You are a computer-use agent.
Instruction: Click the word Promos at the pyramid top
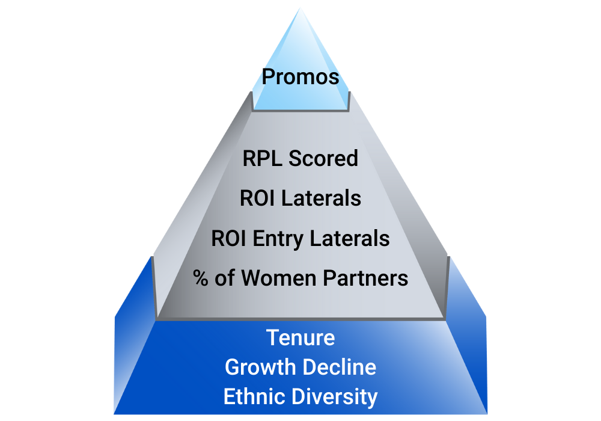click(x=300, y=78)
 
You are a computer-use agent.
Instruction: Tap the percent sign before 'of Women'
click(x=201, y=278)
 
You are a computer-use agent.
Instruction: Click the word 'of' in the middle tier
click(x=227, y=278)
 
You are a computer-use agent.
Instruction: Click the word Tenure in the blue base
click(x=300, y=338)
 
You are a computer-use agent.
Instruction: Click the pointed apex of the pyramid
click(x=300, y=7)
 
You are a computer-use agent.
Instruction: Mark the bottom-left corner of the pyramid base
click(x=115, y=414)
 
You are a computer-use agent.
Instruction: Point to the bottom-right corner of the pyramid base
click(x=486, y=414)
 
